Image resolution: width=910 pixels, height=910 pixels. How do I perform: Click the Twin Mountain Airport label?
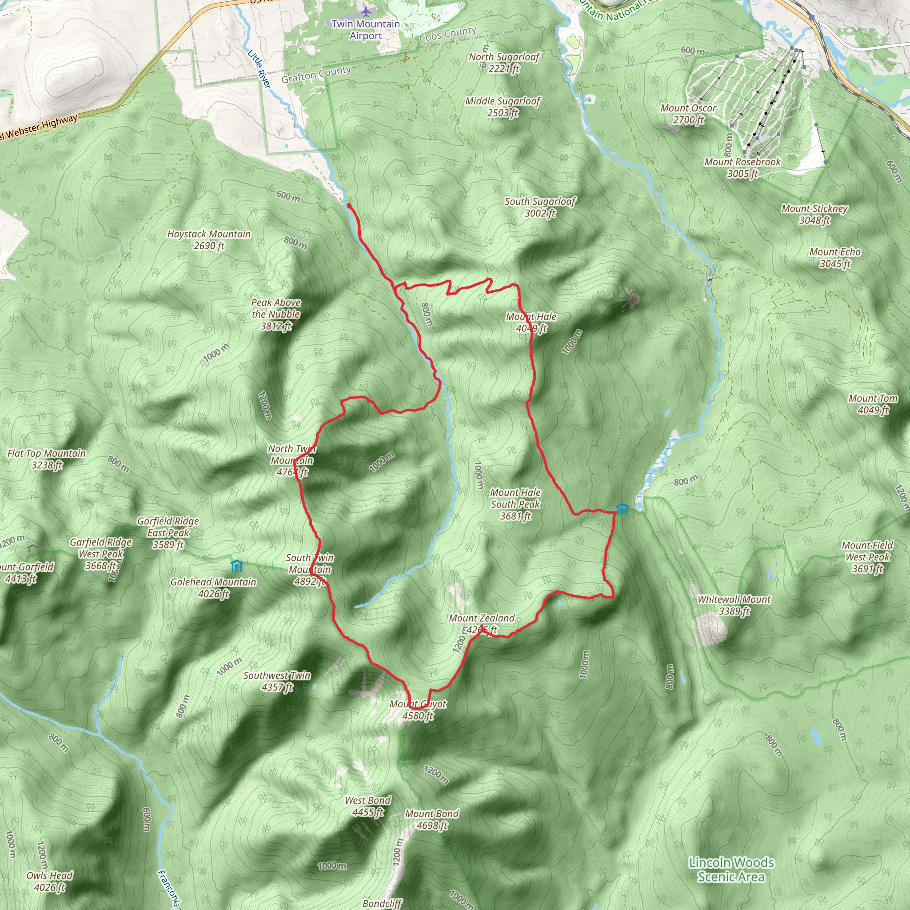click(x=366, y=30)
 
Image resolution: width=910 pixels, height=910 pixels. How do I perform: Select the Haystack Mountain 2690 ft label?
click(x=209, y=240)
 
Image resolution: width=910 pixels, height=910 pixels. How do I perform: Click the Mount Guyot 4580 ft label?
click(x=418, y=710)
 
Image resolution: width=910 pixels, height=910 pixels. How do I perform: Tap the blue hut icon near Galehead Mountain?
click(x=236, y=565)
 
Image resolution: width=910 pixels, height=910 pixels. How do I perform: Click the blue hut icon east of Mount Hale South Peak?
click(x=622, y=509)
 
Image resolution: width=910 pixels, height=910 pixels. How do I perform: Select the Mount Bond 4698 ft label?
click(x=431, y=819)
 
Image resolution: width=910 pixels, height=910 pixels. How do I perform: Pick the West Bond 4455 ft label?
click(x=368, y=806)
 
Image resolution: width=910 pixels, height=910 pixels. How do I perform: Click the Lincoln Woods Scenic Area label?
click(x=731, y=870)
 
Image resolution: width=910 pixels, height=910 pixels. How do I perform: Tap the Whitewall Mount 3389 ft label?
click(x=734, y=605)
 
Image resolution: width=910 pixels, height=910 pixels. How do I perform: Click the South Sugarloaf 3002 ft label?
click(x=540, y=207)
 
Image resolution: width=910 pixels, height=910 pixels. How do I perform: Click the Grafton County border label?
click(x=316, y=74)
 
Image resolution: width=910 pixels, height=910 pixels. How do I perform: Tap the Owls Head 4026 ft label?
click(x=49, y=881)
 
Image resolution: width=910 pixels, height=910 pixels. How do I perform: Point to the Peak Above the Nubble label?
click(x=276, y=314)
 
